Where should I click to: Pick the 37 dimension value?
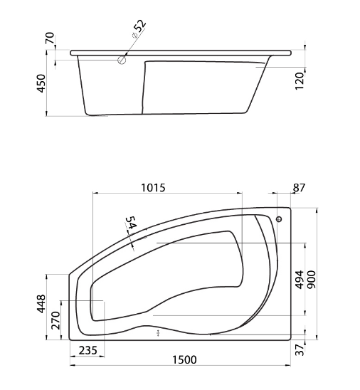click(300, 349)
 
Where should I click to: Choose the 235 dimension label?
click(88, 349)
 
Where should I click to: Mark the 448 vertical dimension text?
click(41, 305)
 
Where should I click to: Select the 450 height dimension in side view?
click(41, 84)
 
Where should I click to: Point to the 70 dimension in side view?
click(49, 38)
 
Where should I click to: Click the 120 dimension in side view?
click(300, 78)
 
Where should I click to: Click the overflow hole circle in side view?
click(122, 60)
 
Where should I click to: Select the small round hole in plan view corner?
click(279, 219)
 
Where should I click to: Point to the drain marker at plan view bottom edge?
click(159, 332)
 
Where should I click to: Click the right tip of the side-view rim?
click(291, 52)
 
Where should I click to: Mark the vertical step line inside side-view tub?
click(147, 87)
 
